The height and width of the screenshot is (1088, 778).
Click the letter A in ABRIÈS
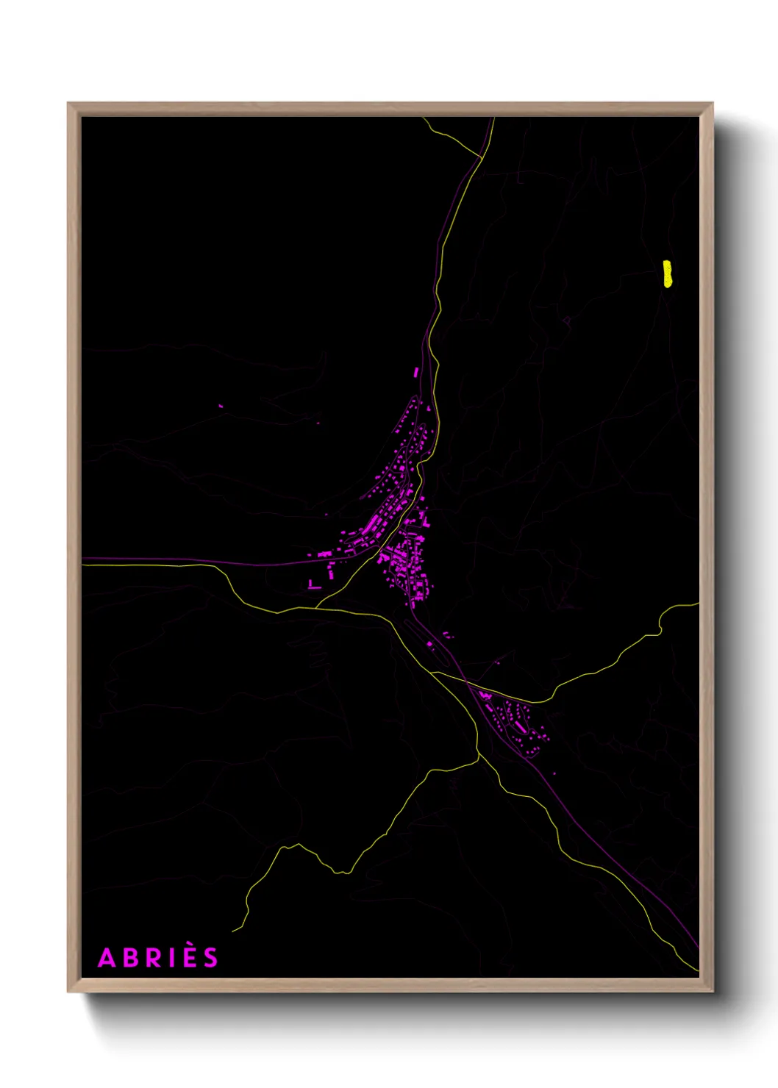point(107,959)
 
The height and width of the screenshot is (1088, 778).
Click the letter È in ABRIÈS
point(190,959)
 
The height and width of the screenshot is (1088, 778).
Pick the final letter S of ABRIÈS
point(212,959)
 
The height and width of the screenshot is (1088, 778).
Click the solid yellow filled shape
point(667,273)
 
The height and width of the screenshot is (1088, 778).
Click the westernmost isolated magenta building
point(220,406)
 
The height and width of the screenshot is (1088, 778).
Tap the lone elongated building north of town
point(416,372)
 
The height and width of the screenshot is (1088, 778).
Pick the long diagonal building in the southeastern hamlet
point(520,726)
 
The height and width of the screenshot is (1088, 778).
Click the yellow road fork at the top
point(481,157)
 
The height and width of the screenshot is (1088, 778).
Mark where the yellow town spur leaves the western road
point(318,606)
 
